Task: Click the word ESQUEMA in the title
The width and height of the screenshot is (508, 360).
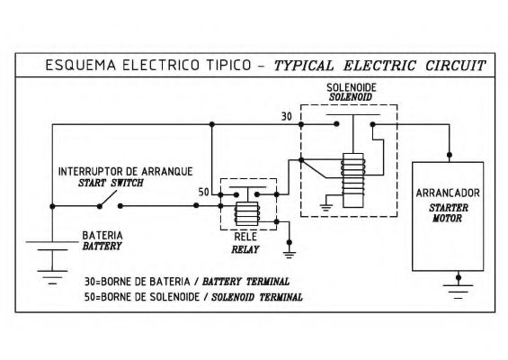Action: tap(81, 65)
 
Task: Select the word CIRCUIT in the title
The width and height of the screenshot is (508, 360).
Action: tap(456, 66)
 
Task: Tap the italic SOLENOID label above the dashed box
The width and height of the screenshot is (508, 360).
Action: tap(351, 97)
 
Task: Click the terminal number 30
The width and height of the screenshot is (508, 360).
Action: tap(287, 116)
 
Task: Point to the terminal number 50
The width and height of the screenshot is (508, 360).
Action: tap(204, 193)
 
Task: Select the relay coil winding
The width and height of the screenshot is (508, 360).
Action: tap(247, 213)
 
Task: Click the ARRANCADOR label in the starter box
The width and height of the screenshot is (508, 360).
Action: tap(448, 193)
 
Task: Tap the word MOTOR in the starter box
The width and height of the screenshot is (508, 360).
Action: tap(448, 219)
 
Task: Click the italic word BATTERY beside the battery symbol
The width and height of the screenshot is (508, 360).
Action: tap(102, 247)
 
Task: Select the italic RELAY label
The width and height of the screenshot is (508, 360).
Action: tap(245, 249)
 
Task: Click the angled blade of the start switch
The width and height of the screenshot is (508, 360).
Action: tap(108, 199)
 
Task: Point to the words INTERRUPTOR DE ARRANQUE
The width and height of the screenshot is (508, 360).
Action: tap(125, 172)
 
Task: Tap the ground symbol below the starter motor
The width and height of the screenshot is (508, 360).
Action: tap(459, 292)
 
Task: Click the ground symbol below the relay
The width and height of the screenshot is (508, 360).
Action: tap(290, 255)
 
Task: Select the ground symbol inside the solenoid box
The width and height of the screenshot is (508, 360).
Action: tap(325, 207)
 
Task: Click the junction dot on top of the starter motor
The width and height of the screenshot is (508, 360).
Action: tap(450, 155)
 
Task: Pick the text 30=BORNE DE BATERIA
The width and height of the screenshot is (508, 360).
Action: tap(138, 282)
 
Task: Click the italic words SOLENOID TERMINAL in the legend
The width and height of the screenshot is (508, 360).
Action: tap(257, 297)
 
